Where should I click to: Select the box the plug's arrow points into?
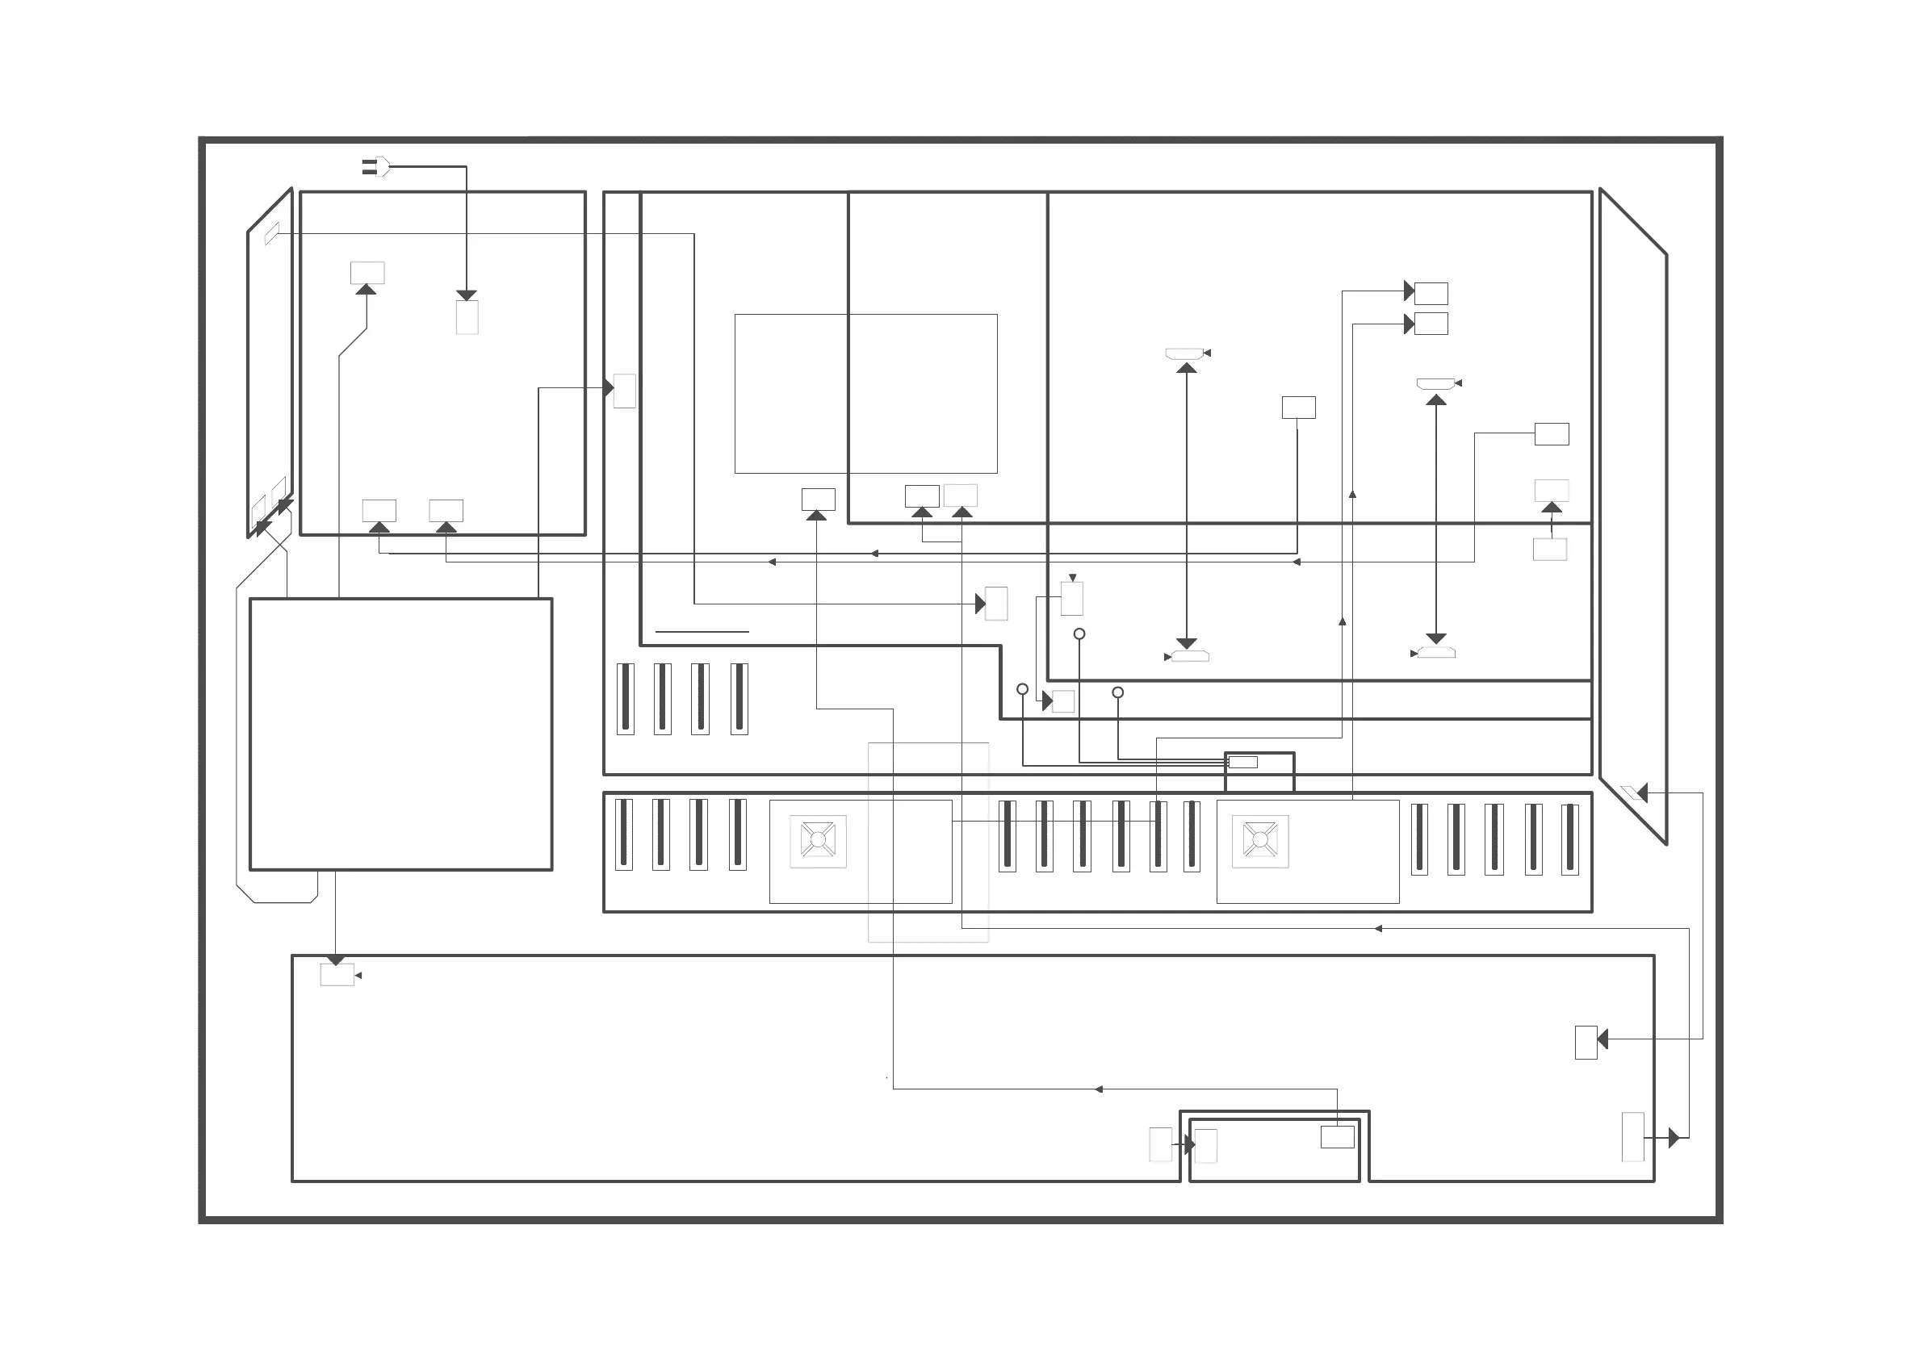467,317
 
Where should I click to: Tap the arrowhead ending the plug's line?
467,295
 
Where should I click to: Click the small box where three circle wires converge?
1242,762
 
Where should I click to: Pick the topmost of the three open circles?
1079,634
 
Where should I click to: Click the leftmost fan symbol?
819,840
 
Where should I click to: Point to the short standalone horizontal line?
702,631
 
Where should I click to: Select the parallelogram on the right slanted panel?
1632,792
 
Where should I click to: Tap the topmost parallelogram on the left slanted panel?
272,233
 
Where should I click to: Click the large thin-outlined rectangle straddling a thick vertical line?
865,394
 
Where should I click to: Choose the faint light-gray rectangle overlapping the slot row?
928,842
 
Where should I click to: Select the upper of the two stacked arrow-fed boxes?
1431,293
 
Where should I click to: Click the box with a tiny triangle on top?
1072,599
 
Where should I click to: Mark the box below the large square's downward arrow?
337,975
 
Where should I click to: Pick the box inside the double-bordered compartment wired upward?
1337,1136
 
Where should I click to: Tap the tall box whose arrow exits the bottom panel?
1632,1136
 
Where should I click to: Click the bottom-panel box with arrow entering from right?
1586,1043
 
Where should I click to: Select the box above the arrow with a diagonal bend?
367,272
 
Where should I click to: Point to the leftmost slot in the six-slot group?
1008,836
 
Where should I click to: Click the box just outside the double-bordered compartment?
1160,1144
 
